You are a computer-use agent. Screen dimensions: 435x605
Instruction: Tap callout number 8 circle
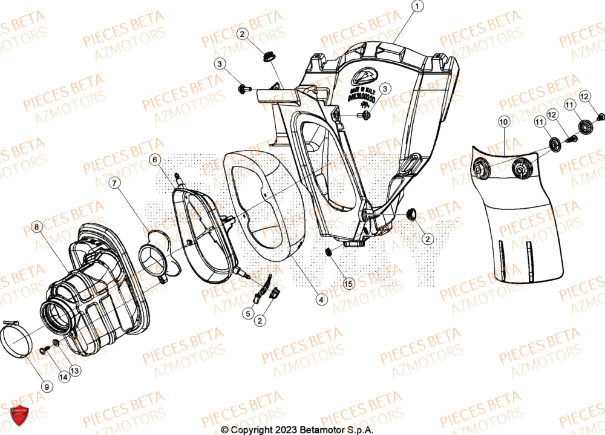coord(37,227)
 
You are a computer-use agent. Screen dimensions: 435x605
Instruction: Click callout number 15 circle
coord(347,283)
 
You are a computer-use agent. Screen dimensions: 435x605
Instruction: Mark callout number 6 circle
coord(155,160)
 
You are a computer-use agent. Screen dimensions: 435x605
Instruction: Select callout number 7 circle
coord(113,182)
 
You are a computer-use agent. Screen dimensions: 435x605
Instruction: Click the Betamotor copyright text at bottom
coord(297,429)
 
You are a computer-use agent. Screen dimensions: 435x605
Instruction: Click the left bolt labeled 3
coord(244,90)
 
